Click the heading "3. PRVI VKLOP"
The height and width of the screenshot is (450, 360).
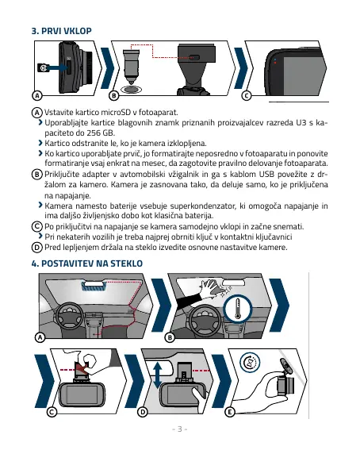[62, 31]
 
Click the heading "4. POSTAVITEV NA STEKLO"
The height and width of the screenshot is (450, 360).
[87, 263]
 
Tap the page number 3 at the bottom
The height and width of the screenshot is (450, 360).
[180, 429]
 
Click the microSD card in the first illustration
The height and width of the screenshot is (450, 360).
[44, 68]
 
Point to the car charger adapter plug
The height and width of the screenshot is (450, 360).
[131, 67]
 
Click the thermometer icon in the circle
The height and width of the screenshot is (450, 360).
[238, 309]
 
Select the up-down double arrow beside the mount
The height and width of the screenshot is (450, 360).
[158, 375]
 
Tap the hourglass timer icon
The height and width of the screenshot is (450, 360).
[250, 362]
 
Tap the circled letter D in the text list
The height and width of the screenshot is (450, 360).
[36, 247]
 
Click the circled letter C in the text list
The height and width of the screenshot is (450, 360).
[36, 226]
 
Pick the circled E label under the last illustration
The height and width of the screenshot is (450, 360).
[229, 412]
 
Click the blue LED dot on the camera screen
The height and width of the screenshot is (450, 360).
[275, 60]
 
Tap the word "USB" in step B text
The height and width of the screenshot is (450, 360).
[267, 174]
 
